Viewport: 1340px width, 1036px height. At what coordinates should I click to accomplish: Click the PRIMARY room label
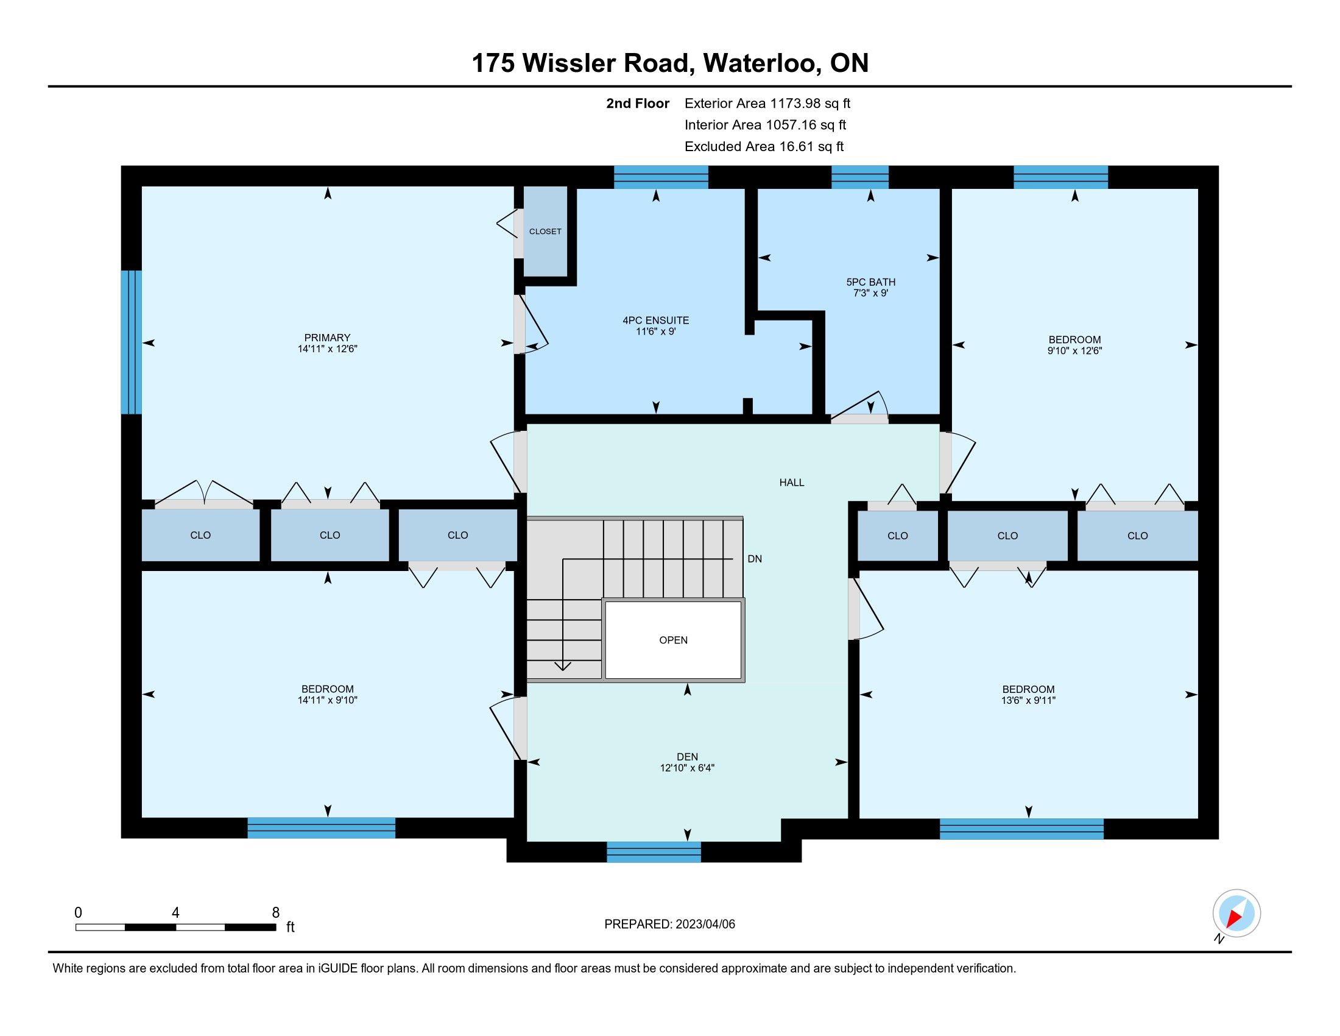point(327,338)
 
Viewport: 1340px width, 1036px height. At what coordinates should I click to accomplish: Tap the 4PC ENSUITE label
point(656,321)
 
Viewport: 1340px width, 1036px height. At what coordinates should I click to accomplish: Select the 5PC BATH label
point(870,282)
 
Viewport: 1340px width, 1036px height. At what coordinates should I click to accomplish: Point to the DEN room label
point(687,757)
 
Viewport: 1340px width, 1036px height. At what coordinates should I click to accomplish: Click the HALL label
point(791,483)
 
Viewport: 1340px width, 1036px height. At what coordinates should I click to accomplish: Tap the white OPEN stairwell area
point(673,640)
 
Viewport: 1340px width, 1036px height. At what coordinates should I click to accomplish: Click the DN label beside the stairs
point(755,559)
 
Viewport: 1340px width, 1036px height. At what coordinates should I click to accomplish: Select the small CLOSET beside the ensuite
point(545,232)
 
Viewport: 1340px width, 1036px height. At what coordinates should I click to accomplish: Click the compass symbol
point(1236,914)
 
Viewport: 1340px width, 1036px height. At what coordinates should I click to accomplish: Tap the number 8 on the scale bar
point(276,913)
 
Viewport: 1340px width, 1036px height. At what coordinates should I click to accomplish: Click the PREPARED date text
point(669,924)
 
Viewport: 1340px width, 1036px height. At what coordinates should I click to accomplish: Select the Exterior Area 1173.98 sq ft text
point(767,104)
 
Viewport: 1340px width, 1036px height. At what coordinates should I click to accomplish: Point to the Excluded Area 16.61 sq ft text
point(764,147)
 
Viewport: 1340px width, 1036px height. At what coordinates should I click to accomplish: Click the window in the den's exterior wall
point(654,852)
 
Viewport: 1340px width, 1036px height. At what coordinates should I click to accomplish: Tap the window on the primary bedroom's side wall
point(132,342)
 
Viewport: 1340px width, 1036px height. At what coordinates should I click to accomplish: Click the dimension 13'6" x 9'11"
point(1028,700)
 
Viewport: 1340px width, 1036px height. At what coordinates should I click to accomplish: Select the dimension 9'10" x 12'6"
point(1074,351)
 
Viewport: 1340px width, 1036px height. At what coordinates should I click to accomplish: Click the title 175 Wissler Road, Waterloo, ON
point(670,63)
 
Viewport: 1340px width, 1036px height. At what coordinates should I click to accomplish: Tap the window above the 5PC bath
point(859,177)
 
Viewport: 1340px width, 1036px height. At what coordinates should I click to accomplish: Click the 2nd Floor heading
point(638,104)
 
